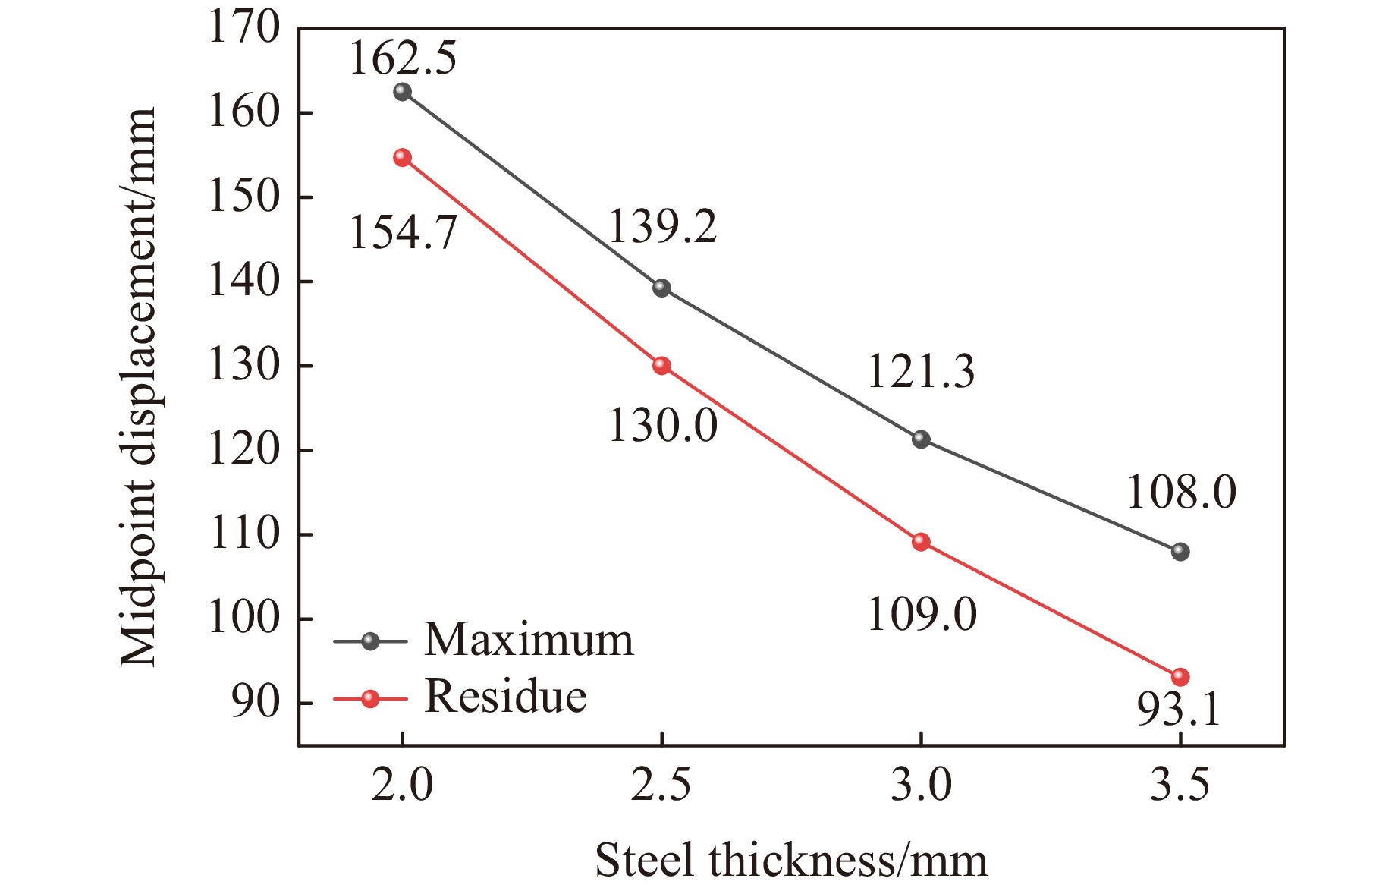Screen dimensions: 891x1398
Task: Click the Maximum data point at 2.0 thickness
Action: click(402, 92)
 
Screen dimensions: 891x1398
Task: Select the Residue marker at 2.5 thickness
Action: click(661, 366)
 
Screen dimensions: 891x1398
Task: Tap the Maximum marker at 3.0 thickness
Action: click(921, 439)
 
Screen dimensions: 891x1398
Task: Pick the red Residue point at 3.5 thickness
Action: click(1180, 677)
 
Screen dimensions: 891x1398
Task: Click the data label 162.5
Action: click(403, 58)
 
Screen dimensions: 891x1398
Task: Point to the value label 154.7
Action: click(403, 232)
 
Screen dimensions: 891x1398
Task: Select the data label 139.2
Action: click(662, 227)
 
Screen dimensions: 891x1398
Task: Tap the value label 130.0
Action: click(662, 425)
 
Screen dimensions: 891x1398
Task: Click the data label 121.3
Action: click(921, 372)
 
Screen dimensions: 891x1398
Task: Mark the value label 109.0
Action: click(921, 614)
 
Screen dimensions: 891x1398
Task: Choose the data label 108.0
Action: click(1181, 492)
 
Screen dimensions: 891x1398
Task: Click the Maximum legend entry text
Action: click(528, 640)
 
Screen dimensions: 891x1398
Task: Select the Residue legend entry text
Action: click(505, 696)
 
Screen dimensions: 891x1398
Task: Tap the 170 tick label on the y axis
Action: click(243, 29)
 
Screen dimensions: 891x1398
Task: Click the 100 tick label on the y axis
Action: click(243, 619)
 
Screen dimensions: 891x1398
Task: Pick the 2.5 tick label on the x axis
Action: click(661, 785)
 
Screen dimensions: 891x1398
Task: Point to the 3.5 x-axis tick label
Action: click(1180, 785)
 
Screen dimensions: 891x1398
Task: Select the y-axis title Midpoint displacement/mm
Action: click(138, 387)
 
